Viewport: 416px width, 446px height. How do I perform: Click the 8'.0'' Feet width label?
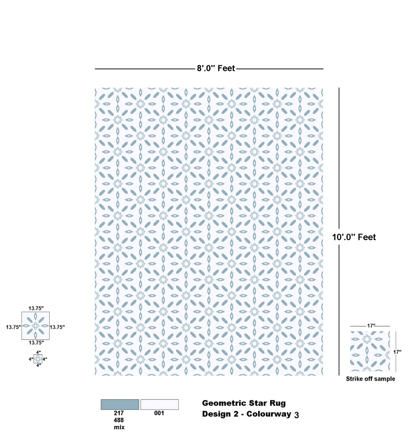coord(216,68)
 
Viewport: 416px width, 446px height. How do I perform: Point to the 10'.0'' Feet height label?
coord(354,237)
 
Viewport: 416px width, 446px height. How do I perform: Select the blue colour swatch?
coord(120,404)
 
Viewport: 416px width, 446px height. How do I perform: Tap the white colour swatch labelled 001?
coord(159,404)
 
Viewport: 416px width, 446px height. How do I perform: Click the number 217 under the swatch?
coord(119,413)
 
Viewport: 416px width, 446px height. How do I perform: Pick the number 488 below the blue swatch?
coord(119,420)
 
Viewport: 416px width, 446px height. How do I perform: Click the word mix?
coord(119,427)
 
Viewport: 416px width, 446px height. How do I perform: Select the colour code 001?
coord(159,413)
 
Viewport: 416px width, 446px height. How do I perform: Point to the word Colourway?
coord(269,414)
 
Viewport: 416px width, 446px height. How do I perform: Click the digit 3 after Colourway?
coord(297,415)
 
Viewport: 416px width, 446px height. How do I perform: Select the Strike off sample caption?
coord(371,379)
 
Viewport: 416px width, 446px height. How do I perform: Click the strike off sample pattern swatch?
coord(370,351)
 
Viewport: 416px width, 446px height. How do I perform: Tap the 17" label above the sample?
coord(371,326)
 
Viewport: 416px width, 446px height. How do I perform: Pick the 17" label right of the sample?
coord(397,352)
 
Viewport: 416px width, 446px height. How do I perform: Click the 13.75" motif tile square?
coord(35,326)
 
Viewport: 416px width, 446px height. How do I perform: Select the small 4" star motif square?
coord(38,359)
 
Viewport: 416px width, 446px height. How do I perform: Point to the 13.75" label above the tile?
coord(36,309)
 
